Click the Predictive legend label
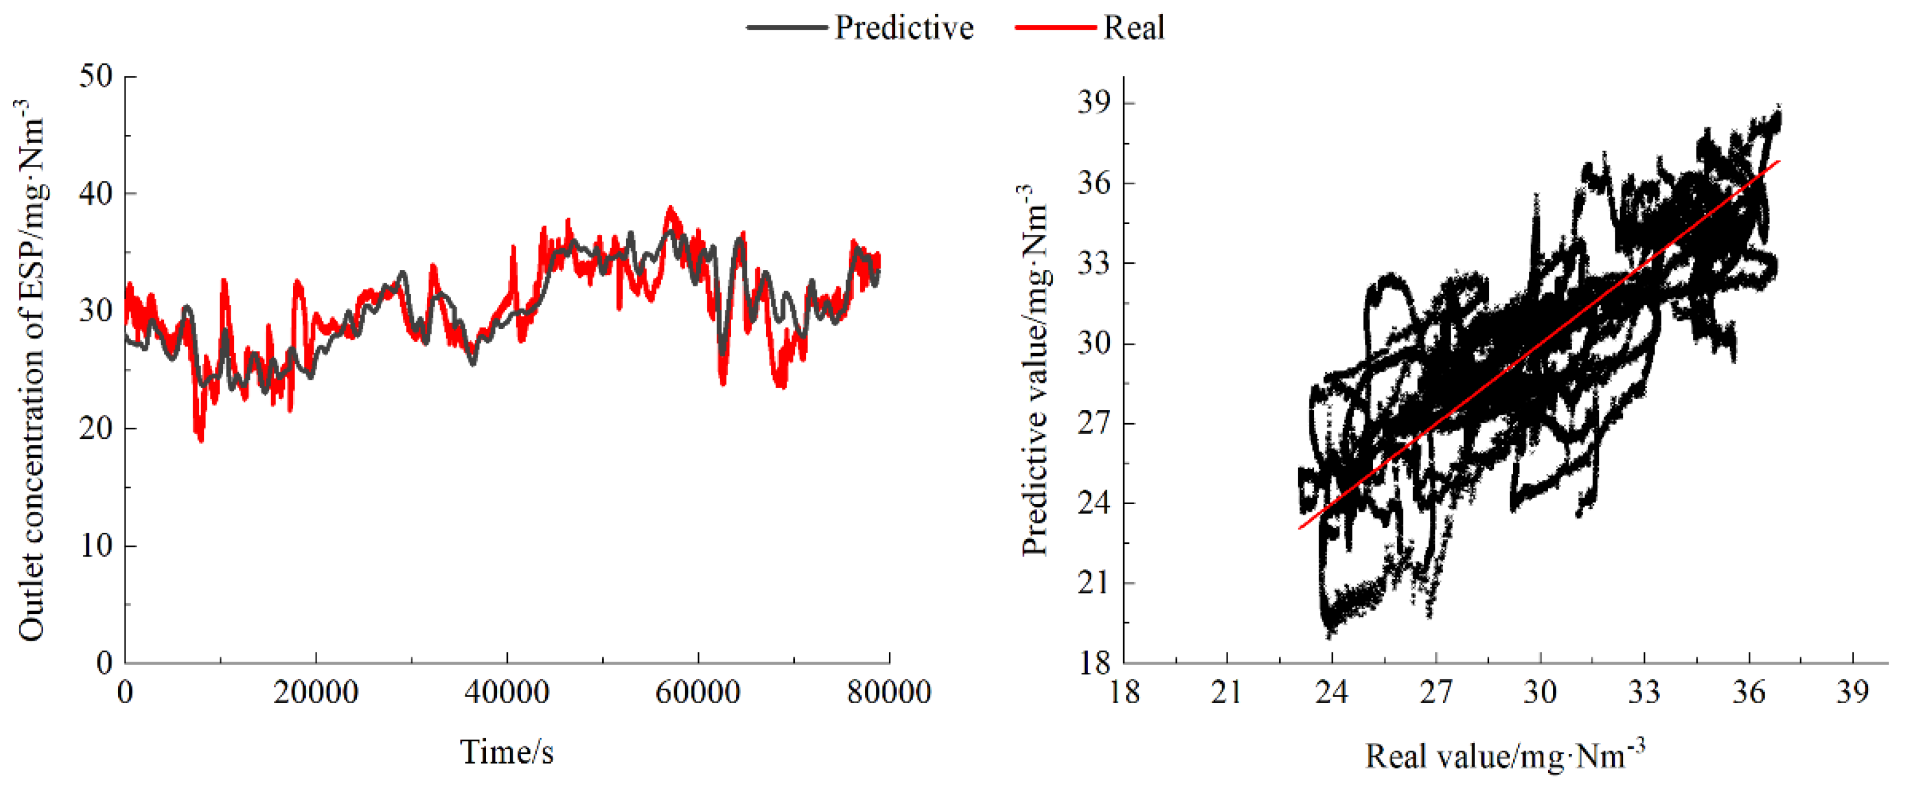tap(903, 28)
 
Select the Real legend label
tap(1134, 28)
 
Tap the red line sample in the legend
tap(1055, 28)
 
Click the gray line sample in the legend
tap(786, 28)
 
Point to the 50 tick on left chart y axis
tap(96, 76)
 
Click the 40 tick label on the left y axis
tap(96, 194)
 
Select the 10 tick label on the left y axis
tap(96, 546)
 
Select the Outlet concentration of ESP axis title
tap(31, 369)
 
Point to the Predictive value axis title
tap(1035, 369)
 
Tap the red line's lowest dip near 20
tap(200, 441)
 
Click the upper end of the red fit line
tap(1778, 161)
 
